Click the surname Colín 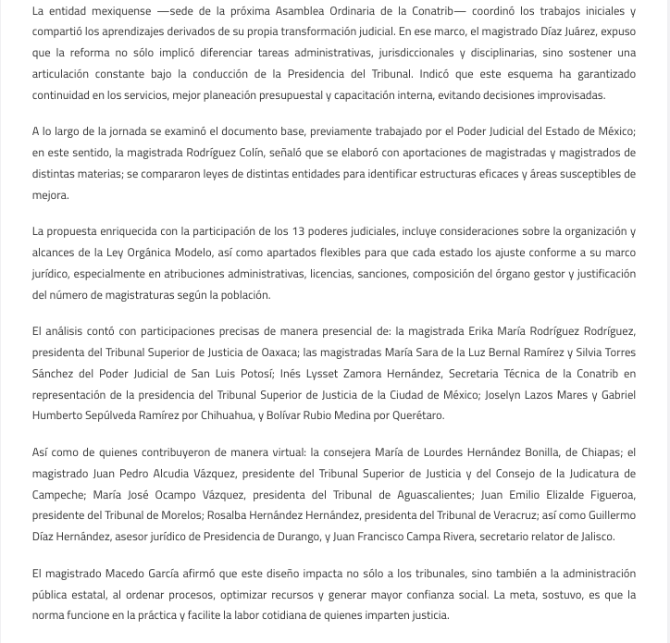coord(248,152)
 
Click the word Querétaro coord(416,415)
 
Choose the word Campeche coord(57,494)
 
